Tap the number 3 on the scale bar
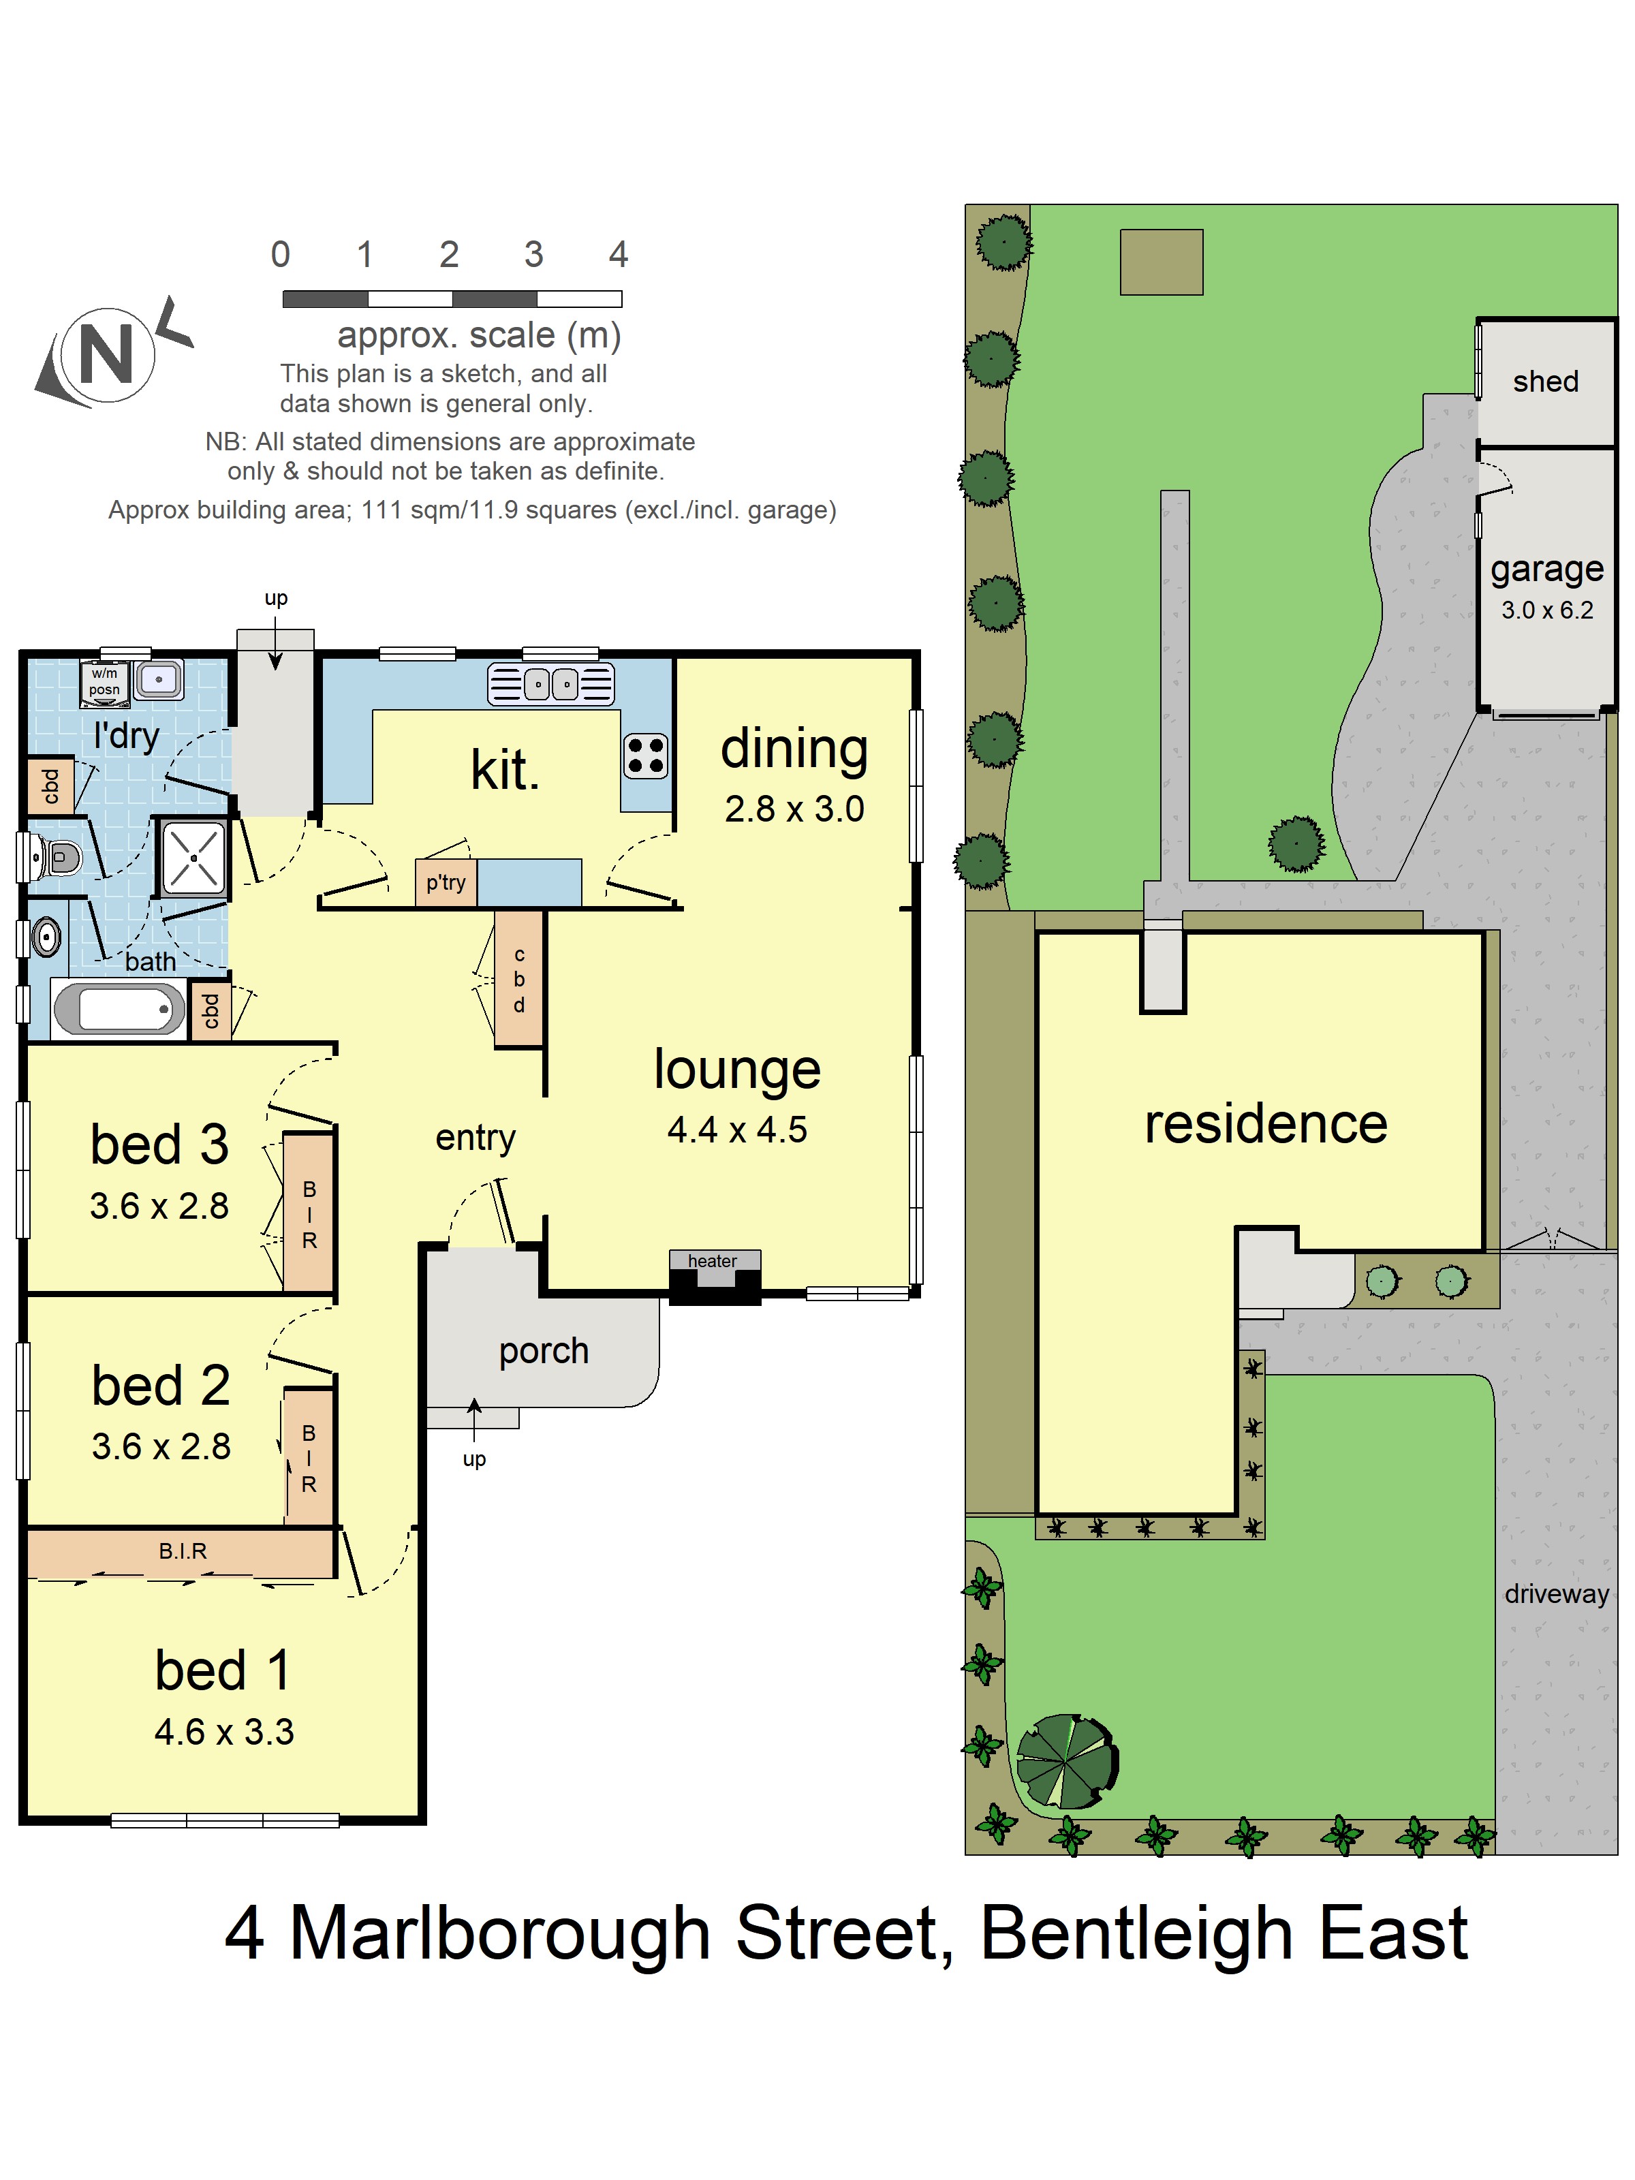[x=533, y=254]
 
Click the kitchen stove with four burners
[x=646, y=757]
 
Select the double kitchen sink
[x=551, y=683]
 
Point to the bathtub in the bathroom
[x=119, y=1009]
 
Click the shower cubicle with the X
[x=193, y=858]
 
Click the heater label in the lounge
[x=713, y=1260]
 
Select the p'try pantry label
[x=446, y=882]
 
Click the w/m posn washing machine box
[x=104, y=682]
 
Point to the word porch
[x=544, y=1351]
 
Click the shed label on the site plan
[x=1545, y=381]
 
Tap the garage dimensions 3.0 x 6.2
[x=1547, y=610]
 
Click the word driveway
[x=1556, y=1593]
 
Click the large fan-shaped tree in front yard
[x=1068, y=1761]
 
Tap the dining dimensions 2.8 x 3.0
[x=794, y=809]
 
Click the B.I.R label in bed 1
[x=183, y=1551]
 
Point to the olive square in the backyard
[x=1161, y=262]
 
